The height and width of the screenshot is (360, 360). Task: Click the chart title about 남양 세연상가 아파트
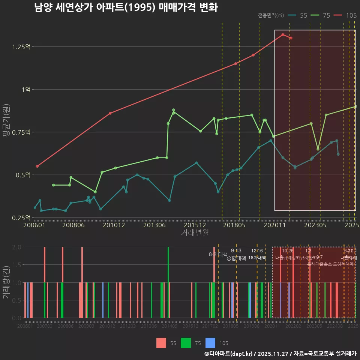[x=126, y=7]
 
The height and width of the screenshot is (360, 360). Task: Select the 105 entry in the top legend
[x=351, y=15]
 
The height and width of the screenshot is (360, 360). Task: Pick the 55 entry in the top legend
[x=303, y=15]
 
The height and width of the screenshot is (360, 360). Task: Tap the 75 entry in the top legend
[x=326, y=15]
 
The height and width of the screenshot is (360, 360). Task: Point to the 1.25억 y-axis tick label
[x=21, y=46]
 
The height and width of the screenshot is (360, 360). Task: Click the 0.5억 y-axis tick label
[x=23, y=175]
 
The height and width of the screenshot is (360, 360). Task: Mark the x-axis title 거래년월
[x=195, y=233]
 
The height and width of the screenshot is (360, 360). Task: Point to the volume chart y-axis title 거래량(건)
[x=6, y=282]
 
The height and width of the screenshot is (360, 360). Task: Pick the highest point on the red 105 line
[x=283, y=34]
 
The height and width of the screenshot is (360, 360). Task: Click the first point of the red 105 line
[x=37, y=166]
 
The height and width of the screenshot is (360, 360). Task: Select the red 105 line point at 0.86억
[x=110, y=113]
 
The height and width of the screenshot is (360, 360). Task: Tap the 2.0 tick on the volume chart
[x=16, y=247]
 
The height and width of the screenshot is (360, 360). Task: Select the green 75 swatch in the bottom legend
[x=186, y=343]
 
